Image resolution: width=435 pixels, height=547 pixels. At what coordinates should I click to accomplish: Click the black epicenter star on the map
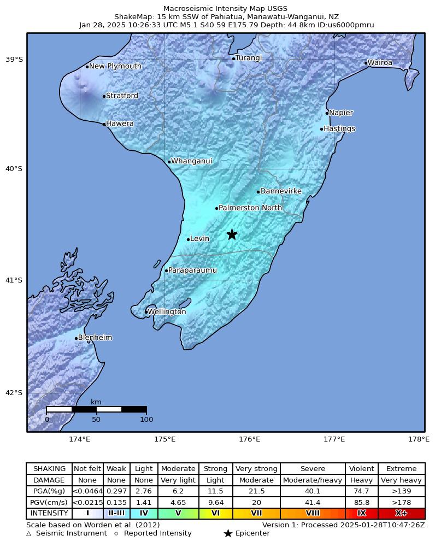[x=232, y=234]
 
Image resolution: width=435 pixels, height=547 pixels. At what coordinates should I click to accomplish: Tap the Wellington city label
[x=167, y=312]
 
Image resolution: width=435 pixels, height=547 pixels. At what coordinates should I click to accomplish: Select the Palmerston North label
[x=250, y=208]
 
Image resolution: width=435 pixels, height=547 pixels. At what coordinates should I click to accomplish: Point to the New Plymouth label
[x=115, y=67]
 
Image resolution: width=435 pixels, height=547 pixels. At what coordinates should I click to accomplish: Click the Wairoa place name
[x=380, y=63]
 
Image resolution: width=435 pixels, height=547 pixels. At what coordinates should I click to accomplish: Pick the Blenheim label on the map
[x=95, y=338]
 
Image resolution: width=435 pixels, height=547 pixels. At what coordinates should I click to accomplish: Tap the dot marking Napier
[x=327, y=113]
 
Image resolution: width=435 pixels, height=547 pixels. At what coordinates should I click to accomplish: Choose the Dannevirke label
[x=281, y=191]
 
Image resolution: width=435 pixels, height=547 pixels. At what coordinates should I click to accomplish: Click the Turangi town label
[x=249, y=58]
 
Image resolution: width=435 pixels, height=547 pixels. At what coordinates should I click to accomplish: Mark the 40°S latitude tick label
[x=14, y=169]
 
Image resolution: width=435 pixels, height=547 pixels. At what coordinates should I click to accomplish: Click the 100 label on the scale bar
[x=146, y=420]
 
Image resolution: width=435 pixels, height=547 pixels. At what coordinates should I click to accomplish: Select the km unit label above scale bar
[x=96, y=402]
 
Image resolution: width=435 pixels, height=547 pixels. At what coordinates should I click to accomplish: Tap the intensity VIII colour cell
[x=313, y=514]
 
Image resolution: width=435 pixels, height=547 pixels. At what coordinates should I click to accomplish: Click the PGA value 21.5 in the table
[x=256, y=492]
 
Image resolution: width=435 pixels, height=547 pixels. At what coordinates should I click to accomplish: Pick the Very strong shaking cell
[x=256, y=469]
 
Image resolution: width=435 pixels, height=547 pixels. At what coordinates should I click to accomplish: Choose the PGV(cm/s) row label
[x=49, y=503]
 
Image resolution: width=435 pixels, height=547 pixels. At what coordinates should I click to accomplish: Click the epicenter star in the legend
[x=228, y=533]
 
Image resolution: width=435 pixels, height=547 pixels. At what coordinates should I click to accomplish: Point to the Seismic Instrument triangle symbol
[x=29, y=533]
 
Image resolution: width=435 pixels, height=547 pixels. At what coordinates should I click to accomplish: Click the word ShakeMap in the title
[x=131, y=17]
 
